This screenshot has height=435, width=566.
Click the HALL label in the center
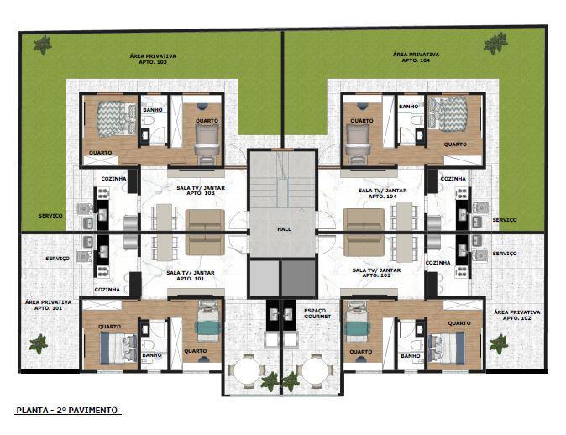pyautogui.click(x=282, y=228)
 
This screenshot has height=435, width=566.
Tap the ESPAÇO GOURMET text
pyautogui.click(x=317, y=313)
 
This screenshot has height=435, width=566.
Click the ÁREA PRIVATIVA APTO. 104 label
pyautogui.click(x=415, y=58)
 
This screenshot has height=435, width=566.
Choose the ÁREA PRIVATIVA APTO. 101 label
pyautogui.click(x=48, y=304)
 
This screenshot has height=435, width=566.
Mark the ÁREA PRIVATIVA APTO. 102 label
pyautogui.click(x=517, y=314)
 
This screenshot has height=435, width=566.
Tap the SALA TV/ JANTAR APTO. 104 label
pyautogui.click(x=382, y=193)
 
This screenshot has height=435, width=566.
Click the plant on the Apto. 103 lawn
pyautogui.click(x=42, y=45)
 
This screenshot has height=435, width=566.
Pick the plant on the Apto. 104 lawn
pyautogui.click(x=495, y=42)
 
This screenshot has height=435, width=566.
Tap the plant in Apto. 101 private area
pyautogui.click(x=38, y=343)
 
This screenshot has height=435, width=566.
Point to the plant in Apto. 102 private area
pyautogui.click(x=499, y=343)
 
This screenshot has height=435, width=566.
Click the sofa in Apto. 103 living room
pyautogui.click(x=205, y=232)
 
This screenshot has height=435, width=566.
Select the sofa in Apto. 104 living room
pyautogui.click(x=363, y=232)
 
